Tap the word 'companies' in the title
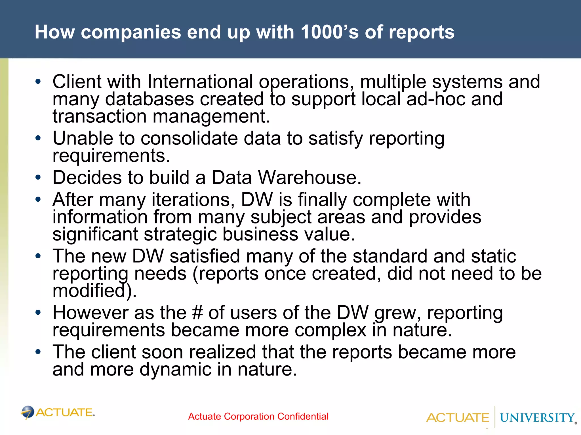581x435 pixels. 131,32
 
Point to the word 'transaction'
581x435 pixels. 99,116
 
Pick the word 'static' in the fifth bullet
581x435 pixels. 493,256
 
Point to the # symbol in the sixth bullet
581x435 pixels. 197,313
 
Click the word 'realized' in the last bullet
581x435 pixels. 222,352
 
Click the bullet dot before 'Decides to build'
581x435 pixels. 38,178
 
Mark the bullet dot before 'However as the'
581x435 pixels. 38,313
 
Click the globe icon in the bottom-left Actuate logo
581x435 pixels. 28,412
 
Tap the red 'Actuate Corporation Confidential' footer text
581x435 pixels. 258,416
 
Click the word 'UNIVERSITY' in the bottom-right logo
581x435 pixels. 537,418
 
